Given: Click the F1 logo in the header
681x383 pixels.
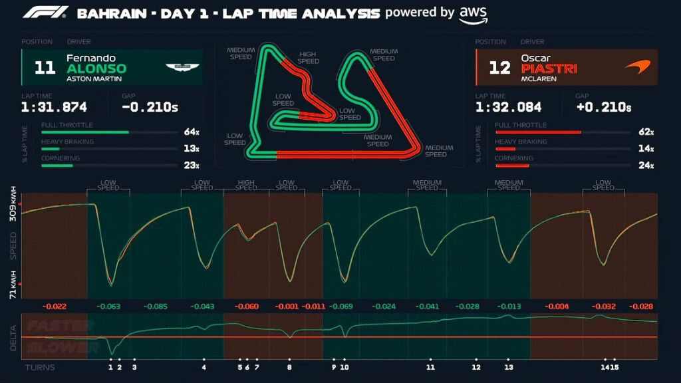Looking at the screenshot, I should (45, 13).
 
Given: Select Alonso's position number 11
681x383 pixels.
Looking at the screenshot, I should (45, 68).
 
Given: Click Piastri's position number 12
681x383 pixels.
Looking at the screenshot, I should (499, 68).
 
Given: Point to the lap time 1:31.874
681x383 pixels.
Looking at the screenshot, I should (54, 107).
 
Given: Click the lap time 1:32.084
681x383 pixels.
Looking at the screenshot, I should (509, 107).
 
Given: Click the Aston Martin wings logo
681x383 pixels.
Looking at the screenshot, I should (182, 67).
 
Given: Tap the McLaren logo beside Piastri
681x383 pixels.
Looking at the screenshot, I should (636, 67).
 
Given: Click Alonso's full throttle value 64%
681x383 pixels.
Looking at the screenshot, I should (192, 132).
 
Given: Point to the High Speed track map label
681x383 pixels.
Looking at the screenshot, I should (308, 58).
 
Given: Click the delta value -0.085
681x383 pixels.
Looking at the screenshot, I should (156, 307).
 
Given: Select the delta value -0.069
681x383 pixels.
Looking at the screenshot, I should (340, 307).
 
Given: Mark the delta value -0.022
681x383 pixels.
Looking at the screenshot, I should (54, 307).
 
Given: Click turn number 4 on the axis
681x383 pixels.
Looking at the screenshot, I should (204, 367).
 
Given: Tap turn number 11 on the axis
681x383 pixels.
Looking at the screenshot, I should (430, 367).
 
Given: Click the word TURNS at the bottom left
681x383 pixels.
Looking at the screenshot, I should (40, 367).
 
